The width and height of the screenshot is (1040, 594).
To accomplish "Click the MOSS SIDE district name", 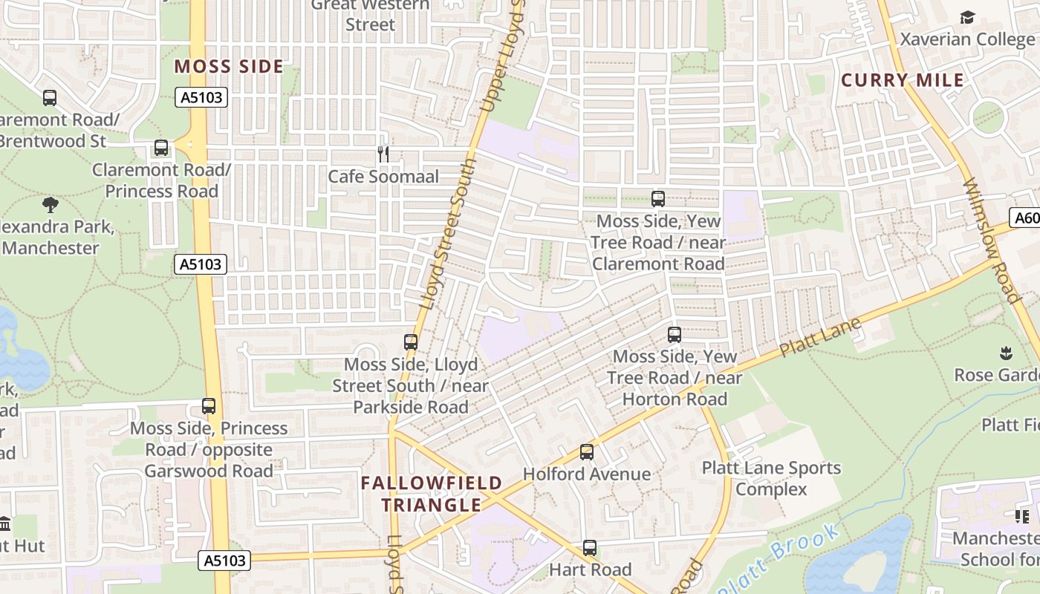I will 229,67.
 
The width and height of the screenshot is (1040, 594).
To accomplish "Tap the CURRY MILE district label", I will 903,80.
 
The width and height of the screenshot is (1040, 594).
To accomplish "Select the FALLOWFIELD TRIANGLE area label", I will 432,495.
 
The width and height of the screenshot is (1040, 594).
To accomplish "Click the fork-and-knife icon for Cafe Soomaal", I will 383,154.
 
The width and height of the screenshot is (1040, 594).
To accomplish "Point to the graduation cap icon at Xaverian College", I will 967,17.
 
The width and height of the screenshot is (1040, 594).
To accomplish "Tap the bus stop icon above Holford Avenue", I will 587,452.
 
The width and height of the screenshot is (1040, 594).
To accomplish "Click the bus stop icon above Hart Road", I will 590,548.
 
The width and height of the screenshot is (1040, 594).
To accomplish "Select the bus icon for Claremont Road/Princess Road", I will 161,148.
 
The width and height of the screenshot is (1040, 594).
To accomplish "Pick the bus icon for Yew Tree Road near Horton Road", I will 675,335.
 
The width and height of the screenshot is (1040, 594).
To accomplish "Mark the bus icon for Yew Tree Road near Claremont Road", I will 658,199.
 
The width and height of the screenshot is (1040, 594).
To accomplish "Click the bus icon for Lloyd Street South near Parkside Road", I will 411,342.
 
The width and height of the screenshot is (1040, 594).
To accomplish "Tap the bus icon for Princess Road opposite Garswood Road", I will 209,406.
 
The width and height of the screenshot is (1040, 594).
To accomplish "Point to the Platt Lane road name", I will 821,336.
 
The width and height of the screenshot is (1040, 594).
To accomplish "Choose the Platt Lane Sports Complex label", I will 772,478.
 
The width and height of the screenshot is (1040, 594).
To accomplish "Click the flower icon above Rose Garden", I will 1007,352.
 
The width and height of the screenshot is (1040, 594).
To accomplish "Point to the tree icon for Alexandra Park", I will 51,204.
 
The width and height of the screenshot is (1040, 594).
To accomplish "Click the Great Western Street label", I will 370,15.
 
